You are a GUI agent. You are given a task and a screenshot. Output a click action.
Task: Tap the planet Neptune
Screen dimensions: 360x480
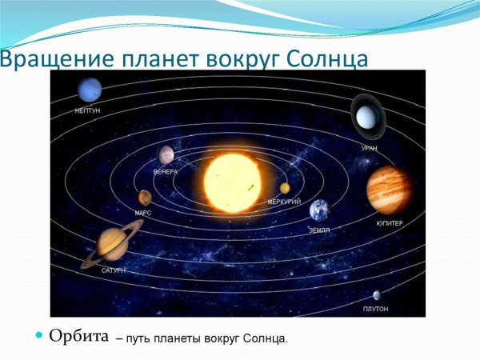(90, 90)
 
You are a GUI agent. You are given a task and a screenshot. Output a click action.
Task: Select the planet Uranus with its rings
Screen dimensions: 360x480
(367, 118)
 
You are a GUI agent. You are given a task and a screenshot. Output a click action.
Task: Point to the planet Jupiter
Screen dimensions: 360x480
(389, 190)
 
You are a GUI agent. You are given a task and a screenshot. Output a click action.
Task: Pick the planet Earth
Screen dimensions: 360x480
(319, 210)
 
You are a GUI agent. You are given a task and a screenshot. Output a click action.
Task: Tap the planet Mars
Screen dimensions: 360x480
(145, 197)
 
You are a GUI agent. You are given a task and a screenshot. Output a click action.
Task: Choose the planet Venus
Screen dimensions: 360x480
(166, 154)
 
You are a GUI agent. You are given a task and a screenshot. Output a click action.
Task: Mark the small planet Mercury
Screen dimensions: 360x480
(285, 188)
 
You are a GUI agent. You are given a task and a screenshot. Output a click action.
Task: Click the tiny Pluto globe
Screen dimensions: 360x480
(376, 295)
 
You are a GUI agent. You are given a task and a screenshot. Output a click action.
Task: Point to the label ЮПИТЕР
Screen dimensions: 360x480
(390, 223)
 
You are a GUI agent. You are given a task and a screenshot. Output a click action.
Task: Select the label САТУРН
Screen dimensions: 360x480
(114, 271)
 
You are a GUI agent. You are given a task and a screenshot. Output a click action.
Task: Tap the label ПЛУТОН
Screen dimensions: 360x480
(375, 309)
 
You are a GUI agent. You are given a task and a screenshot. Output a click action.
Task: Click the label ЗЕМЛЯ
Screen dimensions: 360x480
(319, 230)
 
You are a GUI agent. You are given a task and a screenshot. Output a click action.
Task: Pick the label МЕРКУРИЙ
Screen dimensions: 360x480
(284, 202)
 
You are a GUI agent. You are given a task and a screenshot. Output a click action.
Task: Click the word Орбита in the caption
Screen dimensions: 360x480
(78, 335)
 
